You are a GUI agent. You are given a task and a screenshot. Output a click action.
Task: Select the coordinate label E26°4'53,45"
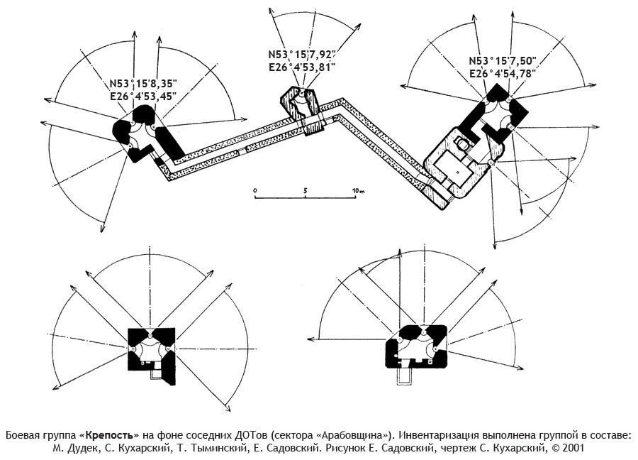[x=143, y=97]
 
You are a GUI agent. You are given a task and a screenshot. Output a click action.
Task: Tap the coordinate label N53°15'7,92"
[x=301, y=55]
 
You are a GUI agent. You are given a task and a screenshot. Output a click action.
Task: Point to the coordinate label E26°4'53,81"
[x=301, y=67]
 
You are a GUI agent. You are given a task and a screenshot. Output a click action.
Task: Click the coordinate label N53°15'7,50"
[x=503, y=61]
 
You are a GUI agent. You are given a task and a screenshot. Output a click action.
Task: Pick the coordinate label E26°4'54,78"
[x=503, y=74]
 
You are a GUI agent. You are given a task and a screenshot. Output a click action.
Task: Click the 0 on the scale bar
[x=254, y=190]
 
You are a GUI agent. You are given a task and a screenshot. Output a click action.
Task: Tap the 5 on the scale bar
[x=305, y=190]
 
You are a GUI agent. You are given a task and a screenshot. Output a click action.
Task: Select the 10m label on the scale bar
[x=358, y=190]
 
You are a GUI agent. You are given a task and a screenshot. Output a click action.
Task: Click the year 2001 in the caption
[x=573, y=449]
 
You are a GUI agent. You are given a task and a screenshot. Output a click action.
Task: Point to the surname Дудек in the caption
[x=84, y=449]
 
